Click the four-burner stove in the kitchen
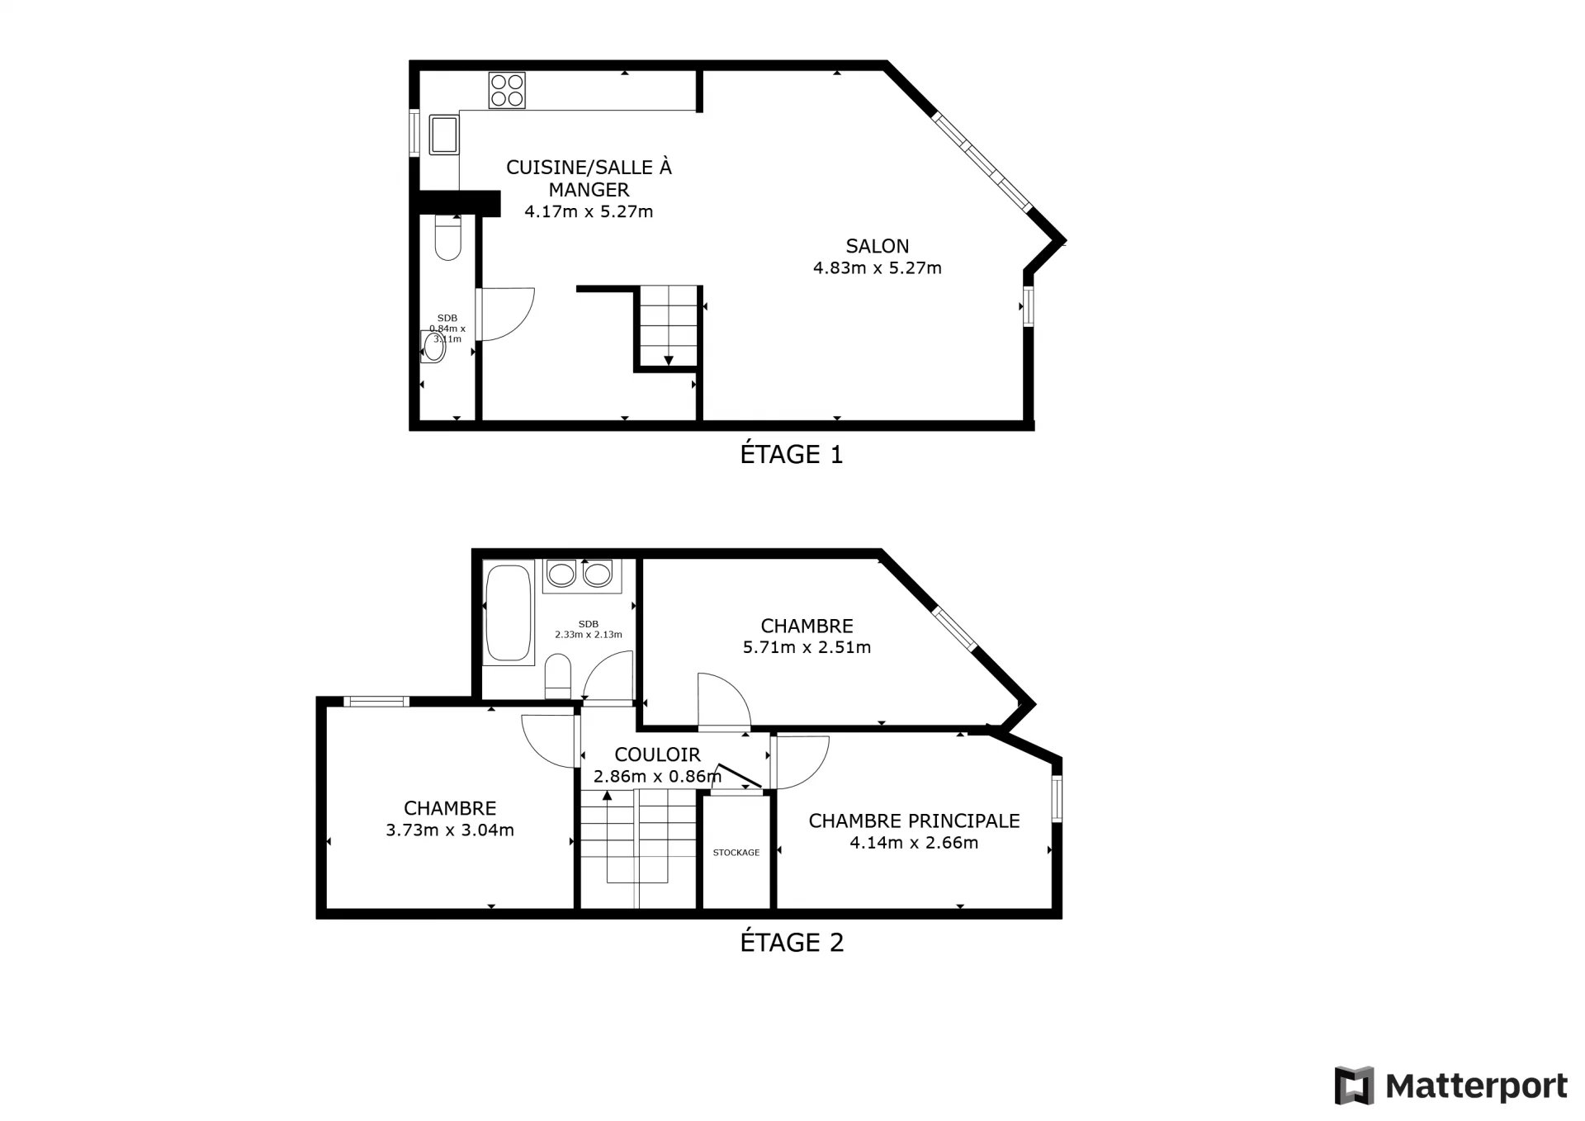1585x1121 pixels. pyautogui.click(x=507, y=90)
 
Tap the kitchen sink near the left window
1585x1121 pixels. pyautogui.click(x=443, y=135)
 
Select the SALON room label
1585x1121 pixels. pyautogui.click(x=878, y=246)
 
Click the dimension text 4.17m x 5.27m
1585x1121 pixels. pyautogui.click(x=589, y=211)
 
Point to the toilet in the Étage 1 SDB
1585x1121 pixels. pyautogui.click(x=447, y=237)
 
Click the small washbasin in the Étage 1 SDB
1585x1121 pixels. pyautogui.click(x=433, y=347)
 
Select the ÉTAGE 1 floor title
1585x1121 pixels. pyautogui.click(x=792, y=455)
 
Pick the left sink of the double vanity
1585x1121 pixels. pyautogui.click(x=561, y=573)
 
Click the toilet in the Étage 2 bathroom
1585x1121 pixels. pyautogui.click(x=558, y=676)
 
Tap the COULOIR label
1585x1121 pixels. pyautogui.click(x=657, y=754)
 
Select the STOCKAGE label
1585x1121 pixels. pyautogui.click(x=736, y=853)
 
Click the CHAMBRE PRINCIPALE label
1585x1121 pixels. pyautogui.click(x=914, y=821)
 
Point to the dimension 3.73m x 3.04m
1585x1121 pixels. pyautogui.click(x=450, y=830)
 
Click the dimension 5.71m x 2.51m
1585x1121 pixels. pyautogui.click(x=807, y=647)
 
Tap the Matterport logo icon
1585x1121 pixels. pyautogui.click(x=1354, y=1086)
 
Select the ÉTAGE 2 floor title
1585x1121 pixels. pyautogui.click(x=792, y=943)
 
